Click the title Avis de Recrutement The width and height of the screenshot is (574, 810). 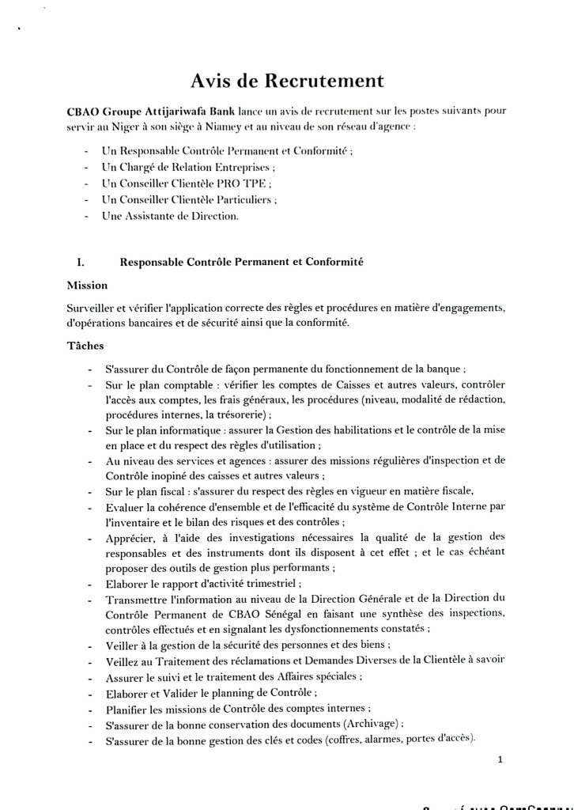point(287,81)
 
